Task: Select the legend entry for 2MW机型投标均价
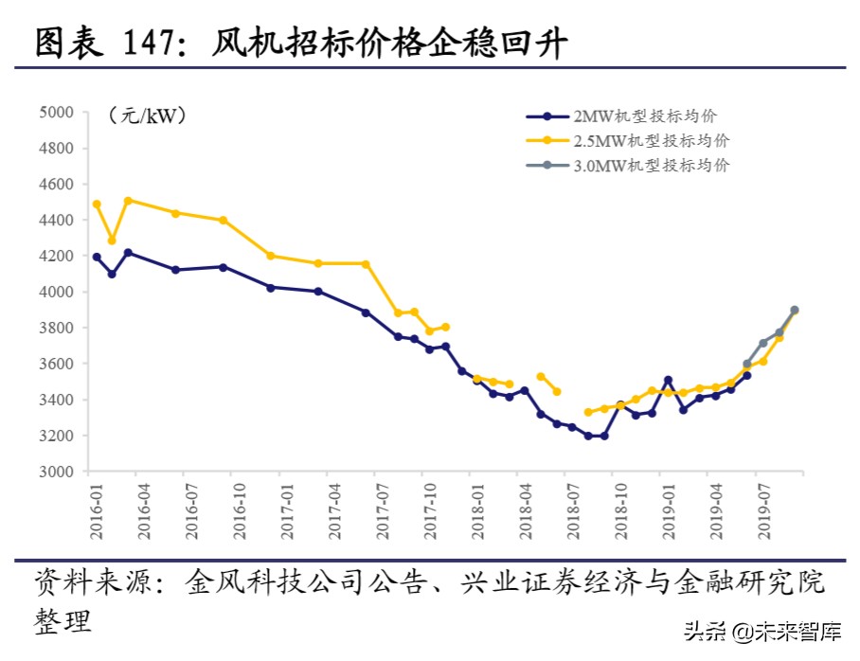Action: click(645, 116)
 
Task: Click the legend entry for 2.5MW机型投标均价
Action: click(651, 140)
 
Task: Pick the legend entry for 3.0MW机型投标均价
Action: click(651, 165)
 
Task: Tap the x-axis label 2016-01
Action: click(96, 512)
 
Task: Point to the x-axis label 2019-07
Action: click(763, 512)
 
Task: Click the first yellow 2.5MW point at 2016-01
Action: click(97, 204)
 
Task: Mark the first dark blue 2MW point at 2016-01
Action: click(97, 257)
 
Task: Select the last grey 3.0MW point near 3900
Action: click(795, 310)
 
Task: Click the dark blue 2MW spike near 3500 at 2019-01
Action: click(668, 380)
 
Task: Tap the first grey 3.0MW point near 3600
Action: click(747, 364)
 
